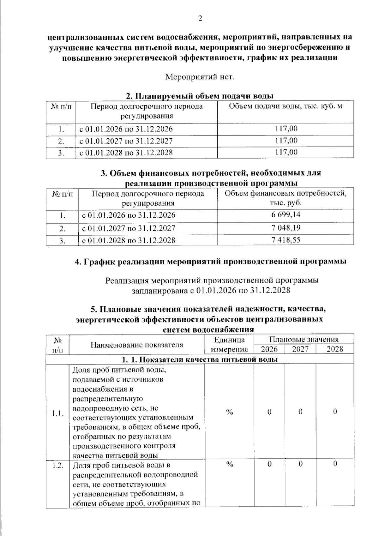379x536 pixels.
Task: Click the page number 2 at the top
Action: click(200, 18)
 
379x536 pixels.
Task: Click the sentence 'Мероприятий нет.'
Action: click(200, 77)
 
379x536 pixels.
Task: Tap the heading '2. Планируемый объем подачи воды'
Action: click(200, 96)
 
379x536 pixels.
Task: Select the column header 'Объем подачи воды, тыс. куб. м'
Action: click(285, 106)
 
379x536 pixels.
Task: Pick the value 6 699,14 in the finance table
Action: click(286, 215)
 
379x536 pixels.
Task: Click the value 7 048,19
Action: click(286, 228)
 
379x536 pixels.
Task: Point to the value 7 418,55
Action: click(286, 240)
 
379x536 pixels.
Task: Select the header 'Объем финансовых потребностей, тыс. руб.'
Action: click(285, 197)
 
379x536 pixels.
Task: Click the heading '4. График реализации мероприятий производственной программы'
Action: click(210, 262)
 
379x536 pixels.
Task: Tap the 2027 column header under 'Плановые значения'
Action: click(300, 349)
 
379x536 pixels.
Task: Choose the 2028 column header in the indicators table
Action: click(335, 349)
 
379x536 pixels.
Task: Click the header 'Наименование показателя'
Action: click(137, 345)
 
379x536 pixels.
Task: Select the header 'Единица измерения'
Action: click(229, 345)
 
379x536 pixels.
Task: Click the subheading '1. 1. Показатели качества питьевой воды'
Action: click(200, 359)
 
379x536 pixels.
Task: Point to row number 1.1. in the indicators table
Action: click(58, 413)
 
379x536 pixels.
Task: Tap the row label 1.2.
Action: click(58, 465)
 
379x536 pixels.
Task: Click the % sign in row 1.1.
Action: click(229, 412)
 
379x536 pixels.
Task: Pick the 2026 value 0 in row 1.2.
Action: click(269, 464)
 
